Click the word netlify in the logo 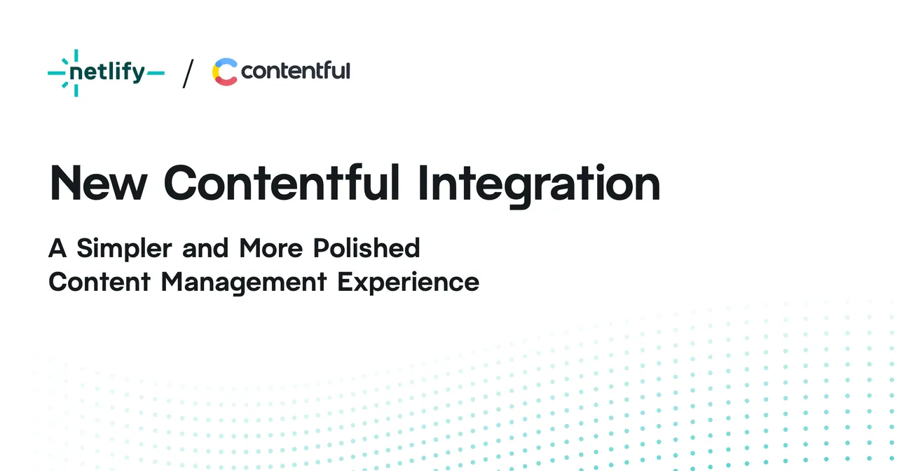107,72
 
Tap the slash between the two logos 189,74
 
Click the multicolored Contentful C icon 225,71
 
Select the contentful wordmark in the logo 296,71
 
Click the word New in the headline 98,183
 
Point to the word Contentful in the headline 282,182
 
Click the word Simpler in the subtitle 124,249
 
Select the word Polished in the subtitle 367,248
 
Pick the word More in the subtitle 271,248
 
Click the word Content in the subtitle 100,282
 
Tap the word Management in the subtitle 244,282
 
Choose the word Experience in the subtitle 409,282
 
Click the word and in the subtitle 205,248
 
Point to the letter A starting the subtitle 57,248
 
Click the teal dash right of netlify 156,73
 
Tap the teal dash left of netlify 57,73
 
